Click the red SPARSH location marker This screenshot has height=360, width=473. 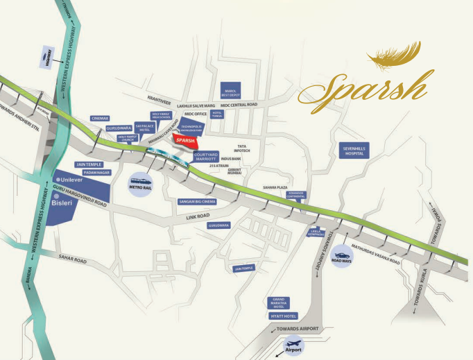[184, 141]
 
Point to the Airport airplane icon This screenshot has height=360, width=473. [295, 345]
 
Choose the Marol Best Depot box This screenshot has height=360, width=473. [231, 91]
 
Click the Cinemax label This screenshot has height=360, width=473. [101, 119]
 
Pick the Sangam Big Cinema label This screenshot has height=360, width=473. [197, 201]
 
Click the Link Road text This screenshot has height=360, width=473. [198, 216]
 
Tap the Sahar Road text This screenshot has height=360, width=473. [72, 261]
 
